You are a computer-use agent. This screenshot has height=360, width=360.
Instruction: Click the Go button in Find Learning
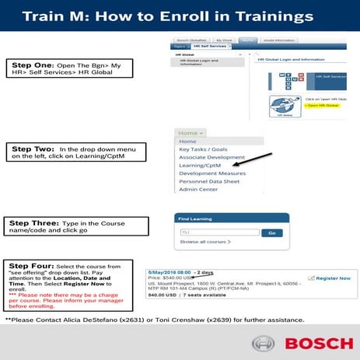click(271, 232)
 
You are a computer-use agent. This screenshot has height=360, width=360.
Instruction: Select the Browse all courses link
click(205, 242)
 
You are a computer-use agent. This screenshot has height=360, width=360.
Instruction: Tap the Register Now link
click(333, 278)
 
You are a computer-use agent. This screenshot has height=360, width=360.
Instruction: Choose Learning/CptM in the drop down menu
click(200, 165)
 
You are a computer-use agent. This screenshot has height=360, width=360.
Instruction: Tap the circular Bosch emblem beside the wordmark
click(263, 343)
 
